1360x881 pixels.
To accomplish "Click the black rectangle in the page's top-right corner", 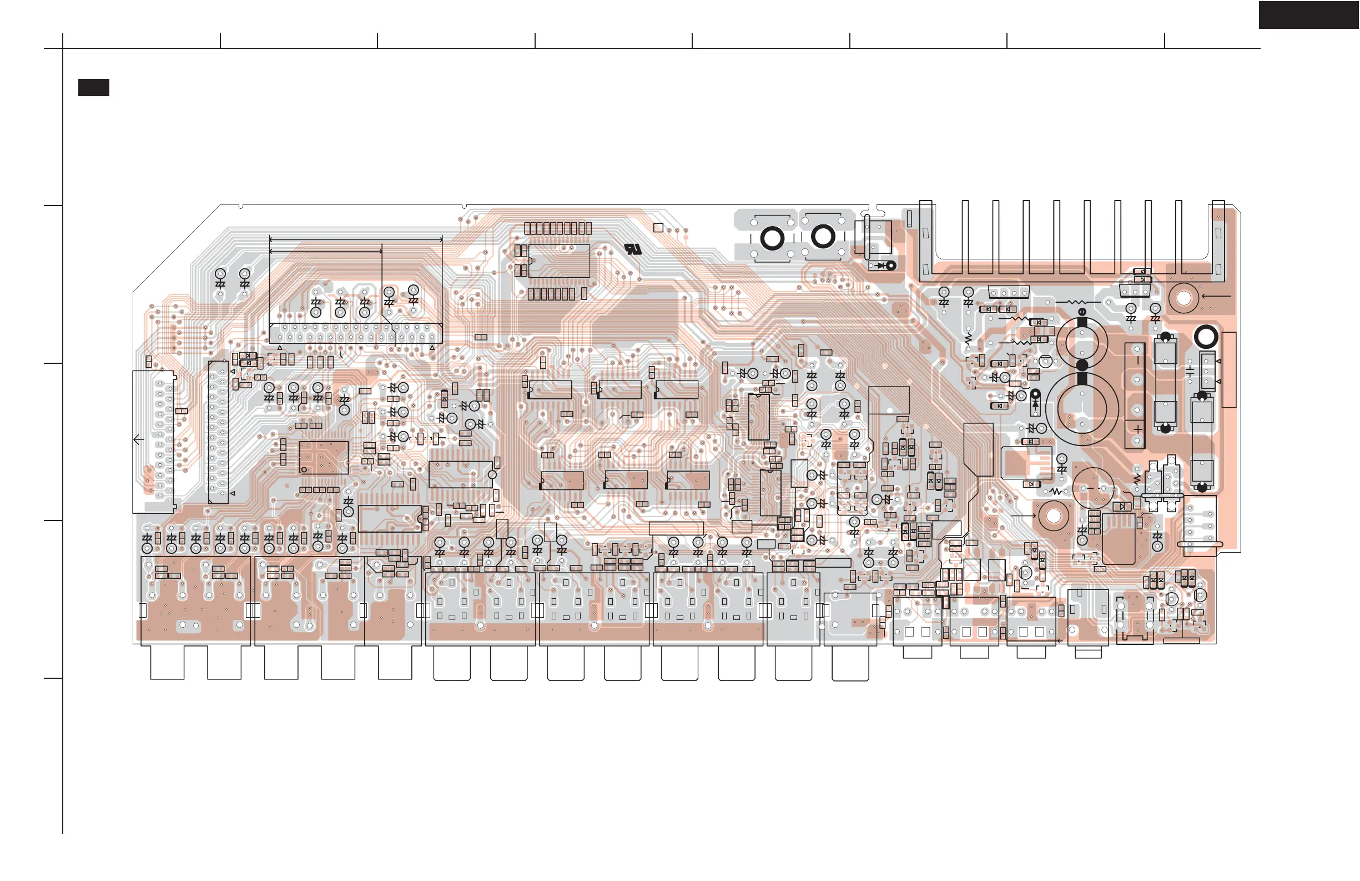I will tap(1308, 15).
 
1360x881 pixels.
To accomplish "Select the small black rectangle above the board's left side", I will tap(94, 87).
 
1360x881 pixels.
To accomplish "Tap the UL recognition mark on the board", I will tap(633, 249).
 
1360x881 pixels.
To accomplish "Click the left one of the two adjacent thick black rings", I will tap(772, 238).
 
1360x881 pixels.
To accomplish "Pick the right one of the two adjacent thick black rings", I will tap(823, 237).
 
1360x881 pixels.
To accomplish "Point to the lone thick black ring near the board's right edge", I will tap(1206, 337).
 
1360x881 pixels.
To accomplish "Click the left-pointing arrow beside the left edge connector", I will tap(138, 439).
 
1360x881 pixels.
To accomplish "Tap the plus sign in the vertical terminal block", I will tap(1138, 429).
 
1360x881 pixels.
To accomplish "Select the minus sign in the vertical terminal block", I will tap(1138, 361).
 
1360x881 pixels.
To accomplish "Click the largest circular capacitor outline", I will tap(1082, 408).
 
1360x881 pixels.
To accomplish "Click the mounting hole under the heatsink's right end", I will tap(1183, 298).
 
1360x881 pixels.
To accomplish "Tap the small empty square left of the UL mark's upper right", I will tap(658, 228).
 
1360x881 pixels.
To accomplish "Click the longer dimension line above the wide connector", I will tap(355, 240).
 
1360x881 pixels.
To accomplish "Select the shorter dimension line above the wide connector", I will tap(326, 251).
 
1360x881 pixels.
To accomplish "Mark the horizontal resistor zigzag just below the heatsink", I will tap(1077, 301).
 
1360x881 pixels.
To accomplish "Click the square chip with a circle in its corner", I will tap(324, 457).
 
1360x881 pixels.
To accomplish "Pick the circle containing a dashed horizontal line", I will tap(1093, 488).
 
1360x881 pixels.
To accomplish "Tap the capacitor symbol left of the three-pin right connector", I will tap(1190, 372).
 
